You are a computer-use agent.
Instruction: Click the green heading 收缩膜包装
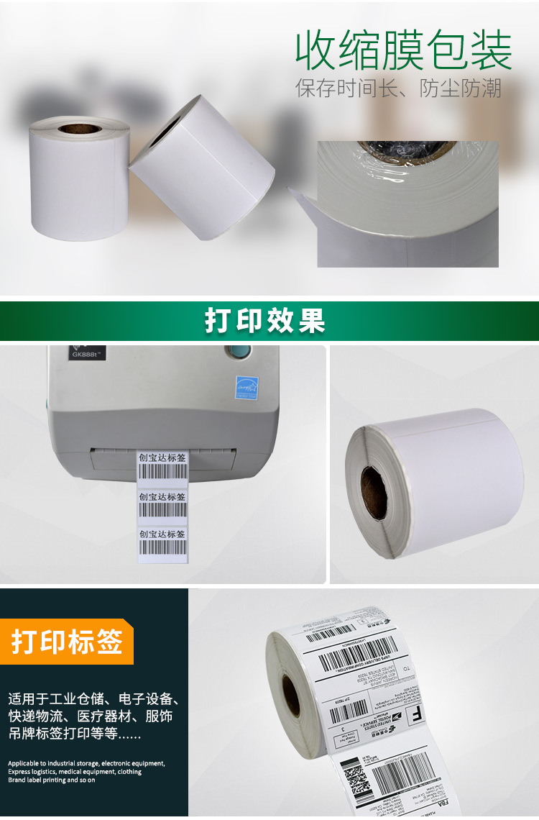tap(403, 50)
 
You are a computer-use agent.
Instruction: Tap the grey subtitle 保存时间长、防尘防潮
tap(398, 88)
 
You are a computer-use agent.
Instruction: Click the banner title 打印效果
tap(265, 321)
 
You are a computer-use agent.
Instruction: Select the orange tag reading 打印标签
tap(67, 642)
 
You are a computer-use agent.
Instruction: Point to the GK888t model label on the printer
tap(88, 354)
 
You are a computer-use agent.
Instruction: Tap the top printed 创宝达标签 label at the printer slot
tap(162, 465)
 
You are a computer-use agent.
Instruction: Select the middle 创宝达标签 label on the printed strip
tap(162, 504)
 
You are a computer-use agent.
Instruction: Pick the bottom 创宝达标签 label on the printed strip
tap(162, 541)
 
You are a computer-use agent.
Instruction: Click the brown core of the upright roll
tap(79, 129)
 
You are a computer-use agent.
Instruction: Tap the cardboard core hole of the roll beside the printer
tap(374, 493)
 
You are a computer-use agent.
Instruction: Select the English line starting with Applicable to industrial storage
tap(86, 763)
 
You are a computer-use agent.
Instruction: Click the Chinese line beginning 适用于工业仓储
tap(93, 699)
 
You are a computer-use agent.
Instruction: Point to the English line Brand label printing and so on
tap(52, 780)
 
